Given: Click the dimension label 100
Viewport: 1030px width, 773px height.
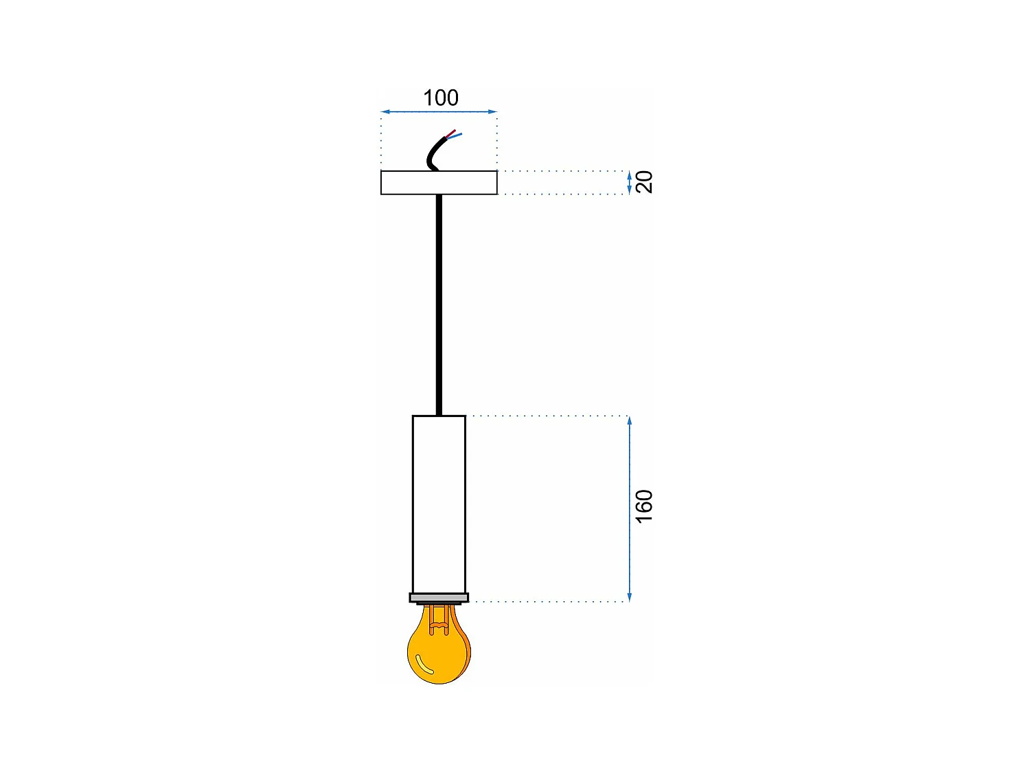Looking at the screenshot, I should tap(440, 98).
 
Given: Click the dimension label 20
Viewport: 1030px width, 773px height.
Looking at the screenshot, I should tap(644, 182).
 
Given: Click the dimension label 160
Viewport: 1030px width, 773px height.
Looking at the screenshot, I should tap(644, 506).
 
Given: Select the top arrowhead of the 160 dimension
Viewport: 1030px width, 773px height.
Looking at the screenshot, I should tap(630, 421).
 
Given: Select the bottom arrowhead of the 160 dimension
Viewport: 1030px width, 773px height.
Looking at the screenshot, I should tap(630, 597).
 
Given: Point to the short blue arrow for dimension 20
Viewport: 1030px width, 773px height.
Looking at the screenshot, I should tap(630, 182).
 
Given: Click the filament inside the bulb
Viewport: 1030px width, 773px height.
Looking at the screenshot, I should tap(437, 622).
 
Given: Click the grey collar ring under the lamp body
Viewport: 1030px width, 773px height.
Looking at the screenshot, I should tap(439, 598).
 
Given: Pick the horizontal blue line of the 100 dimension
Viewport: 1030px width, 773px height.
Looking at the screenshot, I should tap(412, 111).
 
